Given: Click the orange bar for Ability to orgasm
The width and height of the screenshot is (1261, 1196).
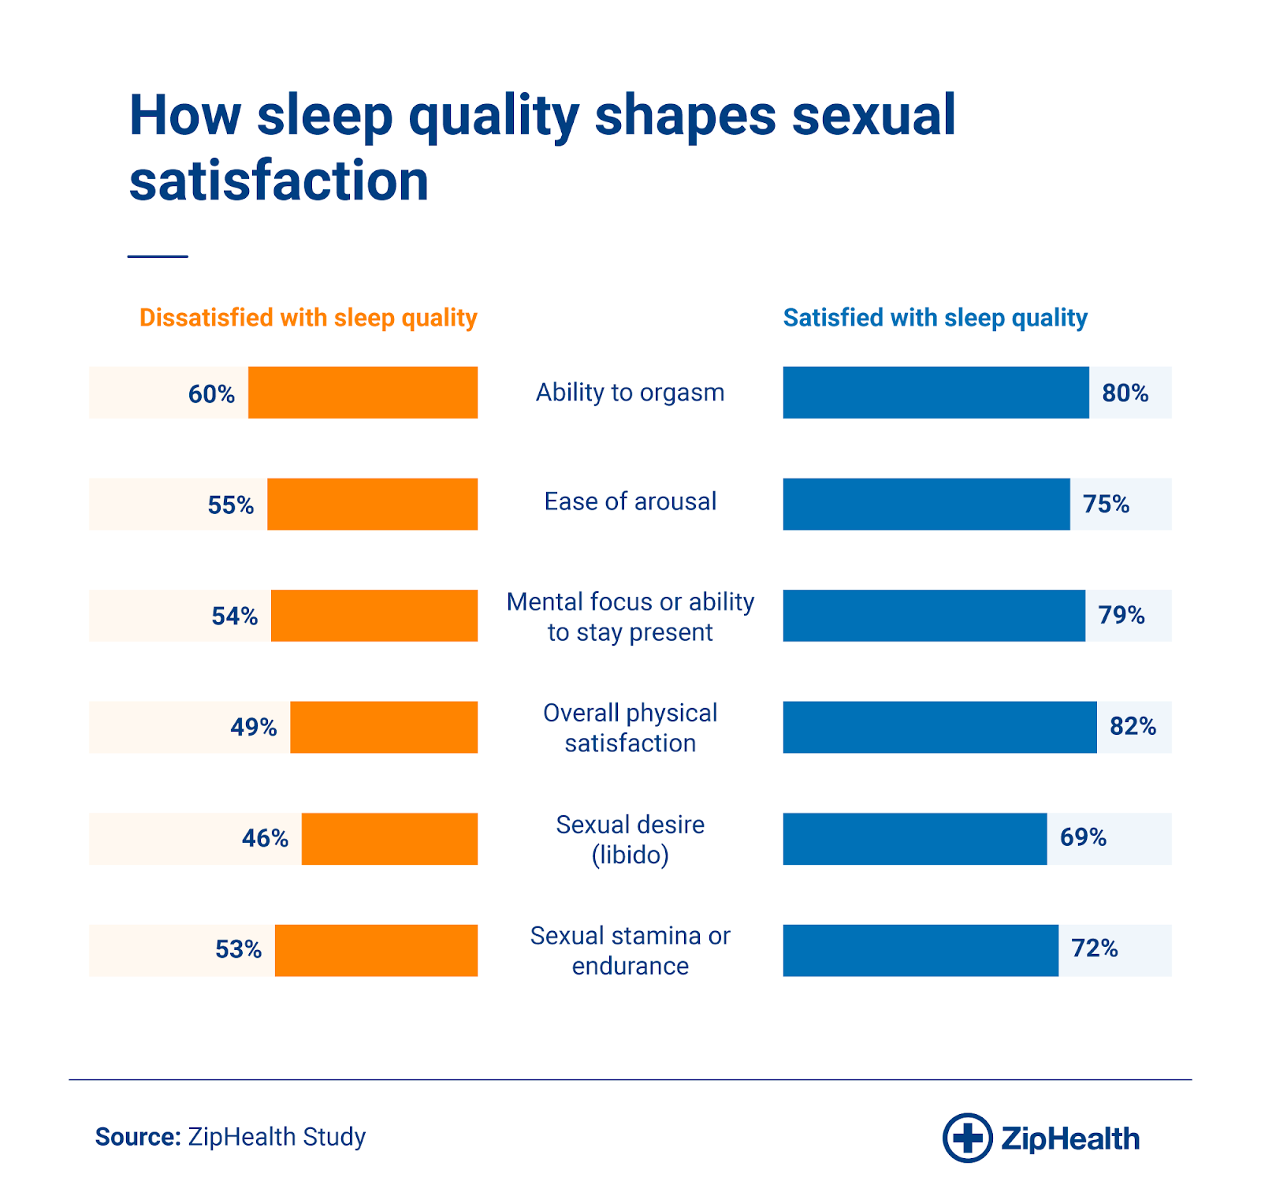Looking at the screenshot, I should click(x=363, y=393).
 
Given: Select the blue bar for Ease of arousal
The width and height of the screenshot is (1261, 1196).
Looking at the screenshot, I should click(x=926, y=504).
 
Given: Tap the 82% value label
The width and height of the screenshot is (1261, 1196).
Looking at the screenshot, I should click(x=1133, y=726).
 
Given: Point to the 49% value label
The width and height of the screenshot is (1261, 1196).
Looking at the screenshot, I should click(x=253, y=727).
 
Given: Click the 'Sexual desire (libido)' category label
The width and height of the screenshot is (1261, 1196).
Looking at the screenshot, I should click(x=630, y=839).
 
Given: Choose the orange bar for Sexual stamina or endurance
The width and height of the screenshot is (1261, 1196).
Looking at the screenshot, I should click(x=376, y=950).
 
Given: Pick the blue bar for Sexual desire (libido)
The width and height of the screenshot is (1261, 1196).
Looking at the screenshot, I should click(x=914, y=839).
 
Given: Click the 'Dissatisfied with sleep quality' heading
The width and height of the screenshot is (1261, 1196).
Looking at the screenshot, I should click(x=308, y=318).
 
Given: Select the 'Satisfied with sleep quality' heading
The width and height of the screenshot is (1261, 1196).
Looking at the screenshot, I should click(x=935, y=318).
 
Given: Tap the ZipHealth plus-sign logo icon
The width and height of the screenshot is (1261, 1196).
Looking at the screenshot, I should click(x=967, y=1138).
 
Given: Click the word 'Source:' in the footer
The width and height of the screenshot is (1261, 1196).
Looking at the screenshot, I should click(x=138, y=1137).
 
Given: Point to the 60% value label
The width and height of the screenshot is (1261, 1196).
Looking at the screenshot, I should click(x=211, y=393).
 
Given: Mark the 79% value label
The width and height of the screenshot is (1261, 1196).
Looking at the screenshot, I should click(x=1122, y=615).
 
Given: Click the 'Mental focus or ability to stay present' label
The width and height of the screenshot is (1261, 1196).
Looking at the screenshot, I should click(x=630, y=617).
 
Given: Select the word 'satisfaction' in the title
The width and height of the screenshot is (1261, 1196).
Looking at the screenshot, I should click(x=279, y=181).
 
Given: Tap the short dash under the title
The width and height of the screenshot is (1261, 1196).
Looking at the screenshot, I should click(x=158, y=256).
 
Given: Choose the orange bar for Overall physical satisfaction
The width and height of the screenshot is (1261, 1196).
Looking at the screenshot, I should click(x=384, y=727).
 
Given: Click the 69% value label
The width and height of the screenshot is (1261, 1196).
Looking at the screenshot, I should click(x=1083, y=837).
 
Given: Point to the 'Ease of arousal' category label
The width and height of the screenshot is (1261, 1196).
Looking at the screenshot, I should click(x=630, y=501).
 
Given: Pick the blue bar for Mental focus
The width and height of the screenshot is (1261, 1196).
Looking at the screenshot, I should click(x=934, y=616).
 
